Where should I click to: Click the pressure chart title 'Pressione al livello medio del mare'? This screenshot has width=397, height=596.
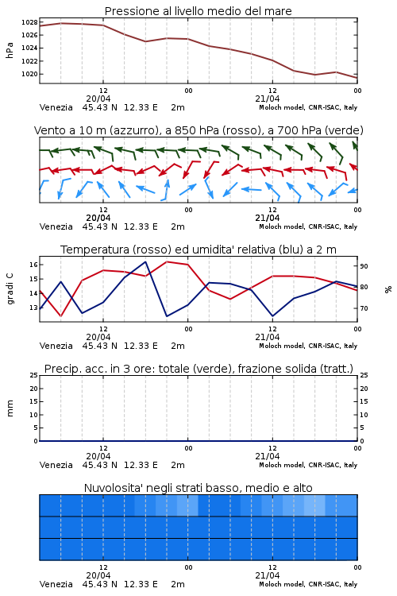click(198, 11)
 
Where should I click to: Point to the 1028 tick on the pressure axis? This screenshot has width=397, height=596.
click(29, 22)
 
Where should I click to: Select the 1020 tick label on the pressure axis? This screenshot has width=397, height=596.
click(29, 74)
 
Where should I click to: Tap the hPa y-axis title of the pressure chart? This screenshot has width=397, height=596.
click(10, 51)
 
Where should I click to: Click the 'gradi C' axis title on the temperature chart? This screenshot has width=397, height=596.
click(10, 289)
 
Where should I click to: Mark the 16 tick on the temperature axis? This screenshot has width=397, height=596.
click(33, 265)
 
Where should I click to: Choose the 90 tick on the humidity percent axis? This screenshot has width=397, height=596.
click(364, 266)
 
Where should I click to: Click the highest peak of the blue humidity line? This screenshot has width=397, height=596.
click(145, 261)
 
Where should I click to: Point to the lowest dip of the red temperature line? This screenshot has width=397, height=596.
click(60, 315)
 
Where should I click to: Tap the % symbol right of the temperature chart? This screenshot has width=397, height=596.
click(388, 289)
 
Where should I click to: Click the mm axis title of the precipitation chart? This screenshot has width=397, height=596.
click(10, 408)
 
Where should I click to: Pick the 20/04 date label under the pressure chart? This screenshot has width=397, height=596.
click(98, 99)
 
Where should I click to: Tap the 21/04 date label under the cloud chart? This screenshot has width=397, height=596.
click(267, 575)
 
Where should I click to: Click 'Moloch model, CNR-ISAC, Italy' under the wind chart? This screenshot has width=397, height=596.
click(308, 226)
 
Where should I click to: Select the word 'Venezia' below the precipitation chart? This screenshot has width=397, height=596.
click(56, 465)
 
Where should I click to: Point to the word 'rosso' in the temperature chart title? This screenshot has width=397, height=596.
click(150, 250)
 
